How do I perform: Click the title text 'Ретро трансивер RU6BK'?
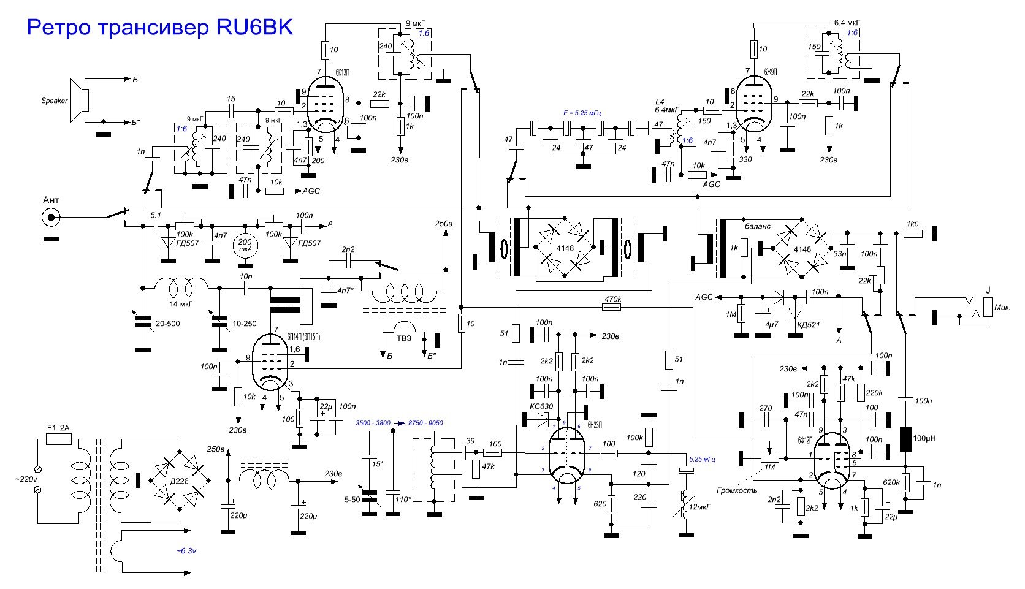[159, 28]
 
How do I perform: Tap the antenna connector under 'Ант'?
[51, 217]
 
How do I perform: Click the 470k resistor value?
[613, 299]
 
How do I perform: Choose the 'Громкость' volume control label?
[737, 490]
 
